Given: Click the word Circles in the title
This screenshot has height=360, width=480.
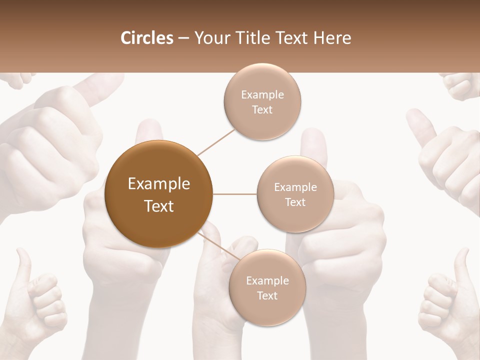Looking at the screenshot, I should pos(147,38).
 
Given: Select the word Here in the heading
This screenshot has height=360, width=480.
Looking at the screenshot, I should pos(331,38).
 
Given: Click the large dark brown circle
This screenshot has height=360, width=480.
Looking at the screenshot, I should pos(159,194).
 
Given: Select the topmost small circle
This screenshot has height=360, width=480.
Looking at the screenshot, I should pos(262,101).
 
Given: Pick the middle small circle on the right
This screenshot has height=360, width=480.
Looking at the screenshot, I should pos(295,194).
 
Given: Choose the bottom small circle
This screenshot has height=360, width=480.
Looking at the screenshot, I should pos(267,287).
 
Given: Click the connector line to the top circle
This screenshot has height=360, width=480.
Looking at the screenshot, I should pos(216,142).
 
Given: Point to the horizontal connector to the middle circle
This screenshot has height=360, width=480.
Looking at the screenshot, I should pos(235,194).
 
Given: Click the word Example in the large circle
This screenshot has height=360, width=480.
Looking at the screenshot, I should pos(159,184).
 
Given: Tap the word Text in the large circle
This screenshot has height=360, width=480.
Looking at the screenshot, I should pos(159,205).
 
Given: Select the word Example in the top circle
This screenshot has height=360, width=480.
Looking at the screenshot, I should pos(262,94).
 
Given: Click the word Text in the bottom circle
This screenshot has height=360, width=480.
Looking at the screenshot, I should pos(267,295).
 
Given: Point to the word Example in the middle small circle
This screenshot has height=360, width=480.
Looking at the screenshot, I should pos(295,187).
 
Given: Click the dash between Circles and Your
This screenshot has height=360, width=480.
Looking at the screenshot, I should pos(183,38).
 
